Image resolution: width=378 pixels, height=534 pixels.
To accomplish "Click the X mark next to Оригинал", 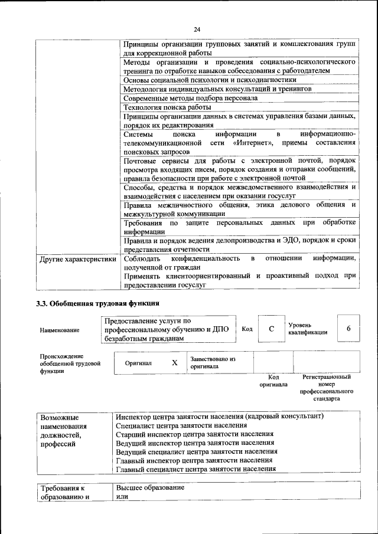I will pos(175,363).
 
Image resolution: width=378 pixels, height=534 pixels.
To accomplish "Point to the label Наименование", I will pos(60,330).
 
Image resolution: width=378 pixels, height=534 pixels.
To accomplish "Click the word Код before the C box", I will pos(247,329).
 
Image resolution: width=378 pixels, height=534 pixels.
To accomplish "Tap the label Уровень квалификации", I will pos(308,329).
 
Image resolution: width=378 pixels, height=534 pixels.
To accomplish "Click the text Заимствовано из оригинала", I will pos(213,362).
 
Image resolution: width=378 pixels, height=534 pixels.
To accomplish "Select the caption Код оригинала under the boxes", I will pos(273,381).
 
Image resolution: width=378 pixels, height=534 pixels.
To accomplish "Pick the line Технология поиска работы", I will pos(167,107).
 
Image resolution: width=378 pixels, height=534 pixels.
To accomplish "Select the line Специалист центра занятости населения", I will pos(181,425).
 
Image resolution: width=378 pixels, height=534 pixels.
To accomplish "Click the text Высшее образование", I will pos(151,489).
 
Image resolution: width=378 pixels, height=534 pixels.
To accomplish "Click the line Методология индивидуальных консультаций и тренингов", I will pos(217,89).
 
